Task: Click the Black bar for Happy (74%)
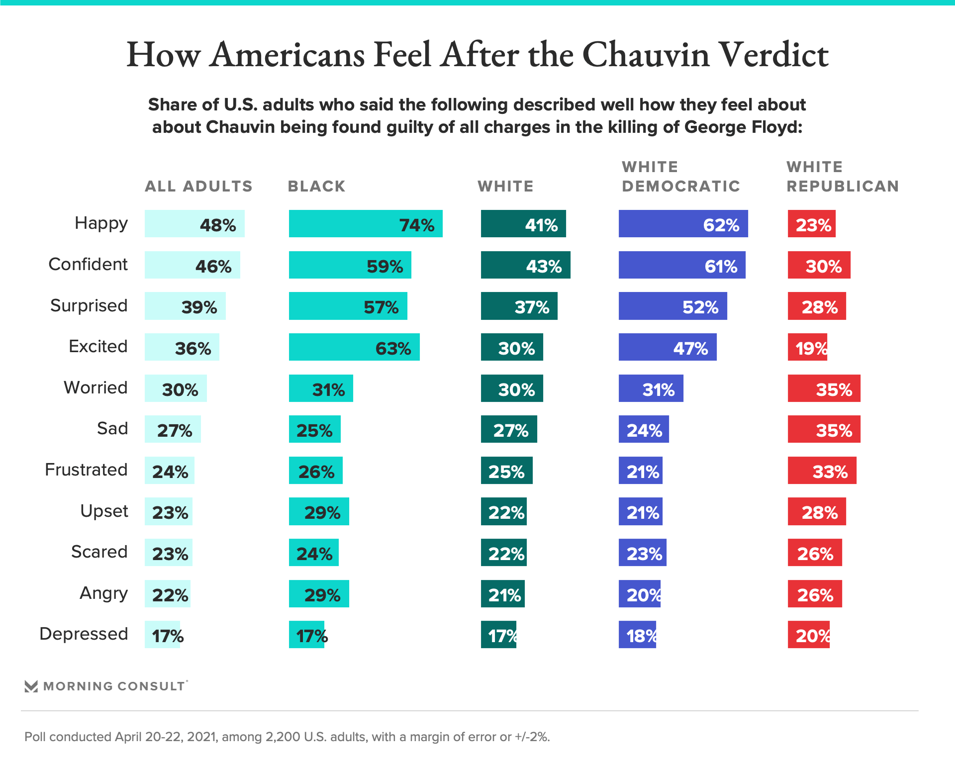pyautogui.click(x=366, y=223)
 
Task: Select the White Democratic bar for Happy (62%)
pyautogui.click(x=683, y=223)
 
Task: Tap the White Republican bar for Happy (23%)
pyautogui.click(x=811, y=223)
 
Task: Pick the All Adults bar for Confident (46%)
pyautogui.click(x=192, y=265)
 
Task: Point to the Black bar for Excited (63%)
pyautogui.click(x=354, y=347)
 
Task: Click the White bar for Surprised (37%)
pyautogui.click(x=519, y=306)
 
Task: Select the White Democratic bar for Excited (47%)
pyautogui.click(x=668, y=347)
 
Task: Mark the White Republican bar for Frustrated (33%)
pyautogui.click(x=822, y=470)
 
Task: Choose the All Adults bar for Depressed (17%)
pyautogui.click(x=162, y=635)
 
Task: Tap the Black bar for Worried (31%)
pyautogui.click(x=321, y=388)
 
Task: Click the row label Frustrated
pyautogui.click(x=86, y=470)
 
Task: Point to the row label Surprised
pyautogui.click(x=89, y=305)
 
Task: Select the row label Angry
pyautogui.click(x=103, y=593)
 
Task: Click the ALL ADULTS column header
pyautogui.click(x=198, y=186)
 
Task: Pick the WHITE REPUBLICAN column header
pyautogui.click(x=842, y=177)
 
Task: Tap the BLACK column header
pyautogui.click(x=316, y=186)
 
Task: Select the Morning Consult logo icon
pyautogui.click(x=31, y=686)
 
